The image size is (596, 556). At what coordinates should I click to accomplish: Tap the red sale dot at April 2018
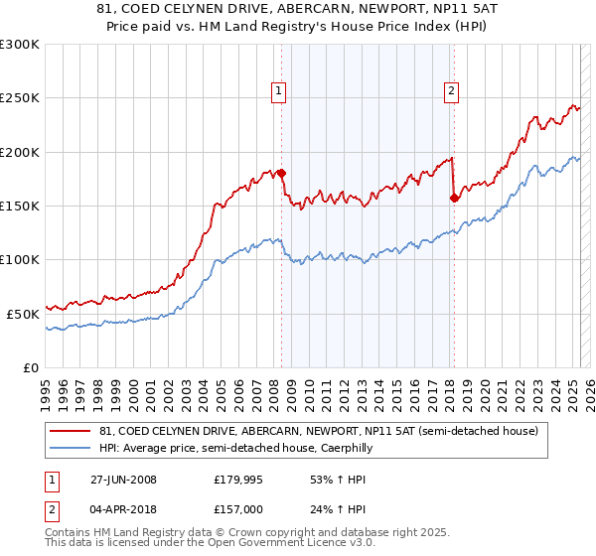click(454, 198)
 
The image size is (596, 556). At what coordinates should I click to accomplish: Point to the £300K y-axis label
click(20, 45)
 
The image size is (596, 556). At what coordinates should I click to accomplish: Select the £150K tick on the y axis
click(20, 206)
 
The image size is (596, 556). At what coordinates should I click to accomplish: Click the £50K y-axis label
click(24, 314)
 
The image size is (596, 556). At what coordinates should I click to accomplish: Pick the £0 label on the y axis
click(32, 367)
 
